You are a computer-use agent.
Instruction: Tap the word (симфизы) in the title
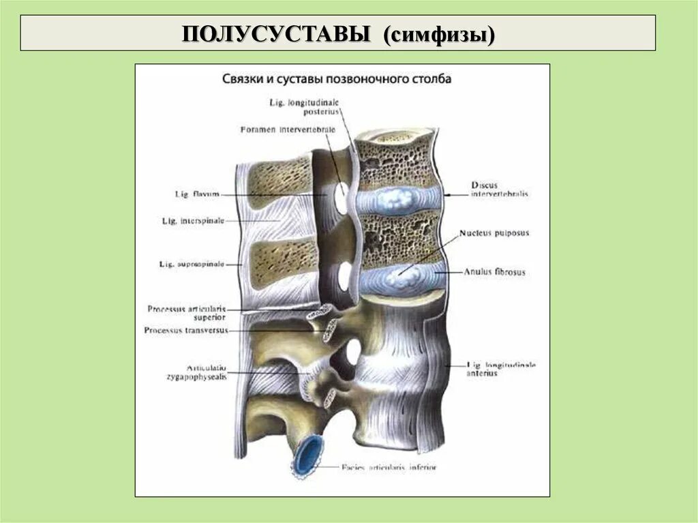coord(438,33)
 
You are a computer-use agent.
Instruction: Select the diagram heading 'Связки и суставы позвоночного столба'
coord(337,79)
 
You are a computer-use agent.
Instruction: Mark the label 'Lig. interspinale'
coord(193,221)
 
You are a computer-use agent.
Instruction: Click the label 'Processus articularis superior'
coord(186,312)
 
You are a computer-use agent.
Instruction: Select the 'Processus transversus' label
coord(186,331)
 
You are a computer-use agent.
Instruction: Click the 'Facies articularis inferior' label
coord(389,468)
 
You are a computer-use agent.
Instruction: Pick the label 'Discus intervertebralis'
coord(498,189)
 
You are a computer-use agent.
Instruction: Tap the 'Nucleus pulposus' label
coord(494,233)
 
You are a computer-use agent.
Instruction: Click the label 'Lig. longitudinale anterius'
coord(501,369)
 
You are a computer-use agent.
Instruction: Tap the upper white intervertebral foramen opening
coord(339,198)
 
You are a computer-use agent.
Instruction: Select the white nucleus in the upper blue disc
coord(399,198)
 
